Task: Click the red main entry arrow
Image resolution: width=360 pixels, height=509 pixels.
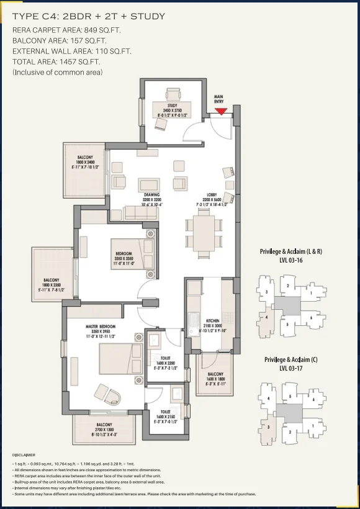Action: [x=221, y=112]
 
